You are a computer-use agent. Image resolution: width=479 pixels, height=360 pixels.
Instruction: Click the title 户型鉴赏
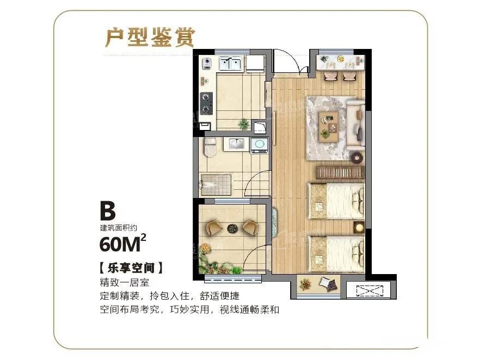(x=149, y=37)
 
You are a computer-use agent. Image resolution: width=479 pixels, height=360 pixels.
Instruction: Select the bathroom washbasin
(x=237, y=144)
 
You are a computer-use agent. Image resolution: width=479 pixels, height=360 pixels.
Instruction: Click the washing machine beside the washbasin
(x=259, y=144)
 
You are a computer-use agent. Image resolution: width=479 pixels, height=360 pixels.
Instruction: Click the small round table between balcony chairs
(x=232, y=227)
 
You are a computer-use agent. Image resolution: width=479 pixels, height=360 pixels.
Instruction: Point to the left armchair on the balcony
(x=213, y=227)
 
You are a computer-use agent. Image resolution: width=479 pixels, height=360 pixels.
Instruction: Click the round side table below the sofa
(x=357, y=158)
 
